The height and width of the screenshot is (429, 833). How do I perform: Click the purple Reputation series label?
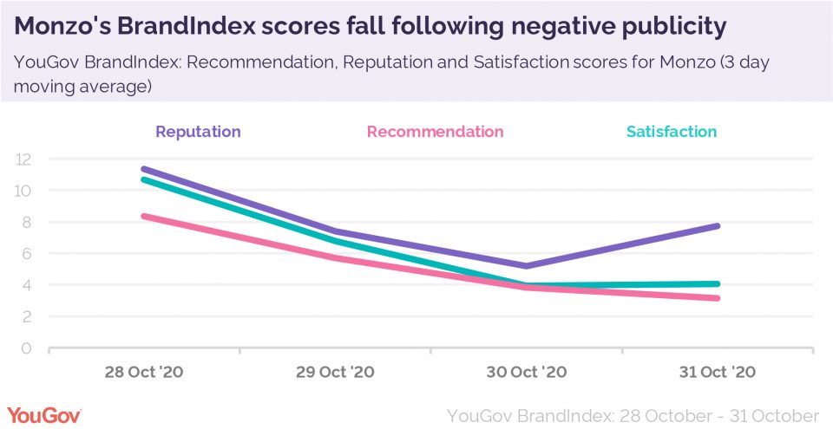coord(198,132)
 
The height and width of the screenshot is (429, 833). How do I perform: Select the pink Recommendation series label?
coord(435,132)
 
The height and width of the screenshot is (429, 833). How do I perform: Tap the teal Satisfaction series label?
coord(672,132)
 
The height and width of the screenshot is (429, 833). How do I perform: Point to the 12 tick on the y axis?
coord(23,159)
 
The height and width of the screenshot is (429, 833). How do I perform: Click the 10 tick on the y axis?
coord(23,191)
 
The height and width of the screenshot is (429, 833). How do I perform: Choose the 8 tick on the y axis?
coord(26,222)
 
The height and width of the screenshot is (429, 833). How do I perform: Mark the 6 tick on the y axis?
coord(26,254)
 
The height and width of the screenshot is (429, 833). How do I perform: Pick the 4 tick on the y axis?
coord(26,285)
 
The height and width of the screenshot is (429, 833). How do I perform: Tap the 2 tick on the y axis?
coord(26,317)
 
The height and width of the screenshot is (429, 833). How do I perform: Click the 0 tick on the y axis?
coord(26,348)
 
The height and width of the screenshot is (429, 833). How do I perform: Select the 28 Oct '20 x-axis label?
coord(144,373)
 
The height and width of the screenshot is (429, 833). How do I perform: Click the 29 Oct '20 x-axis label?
coord(336,373)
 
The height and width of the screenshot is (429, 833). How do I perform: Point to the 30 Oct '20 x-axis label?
coord(528,373)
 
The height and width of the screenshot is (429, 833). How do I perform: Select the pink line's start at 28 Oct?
coord(144,216)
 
